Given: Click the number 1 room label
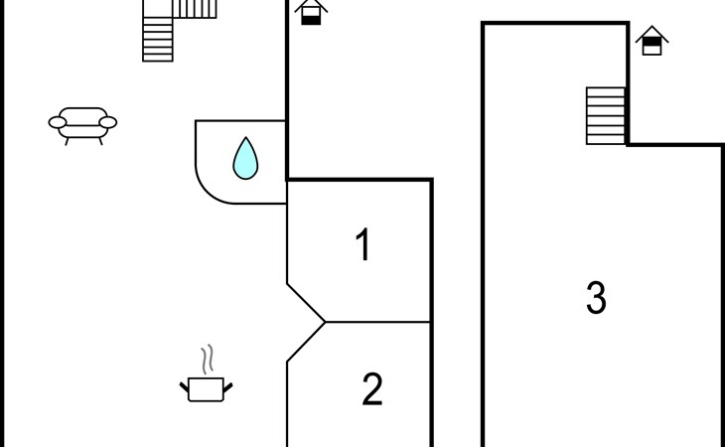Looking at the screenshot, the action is click(363, 244).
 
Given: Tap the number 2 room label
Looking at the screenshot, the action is click(372, 389).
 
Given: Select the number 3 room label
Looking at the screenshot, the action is click(596, 298).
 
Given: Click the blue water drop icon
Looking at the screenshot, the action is click(245, 158).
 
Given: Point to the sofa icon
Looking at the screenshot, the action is click(82, 126).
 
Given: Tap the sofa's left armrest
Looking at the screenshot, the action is click(58, 122).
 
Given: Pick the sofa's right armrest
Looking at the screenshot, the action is click(108, 122).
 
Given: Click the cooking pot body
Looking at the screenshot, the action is click(207, 389).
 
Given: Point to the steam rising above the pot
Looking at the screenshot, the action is click(208, 359).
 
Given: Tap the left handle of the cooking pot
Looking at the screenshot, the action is click(184, 387).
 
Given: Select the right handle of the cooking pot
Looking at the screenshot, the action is click(228, 387).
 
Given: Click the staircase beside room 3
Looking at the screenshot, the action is click(606, 115).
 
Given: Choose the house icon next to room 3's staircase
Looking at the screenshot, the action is click(652, 40).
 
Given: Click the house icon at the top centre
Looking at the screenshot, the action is click(311, 12).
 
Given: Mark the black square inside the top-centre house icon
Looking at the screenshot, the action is click(311, 20).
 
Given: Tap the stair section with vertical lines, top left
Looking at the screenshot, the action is click(195, 9).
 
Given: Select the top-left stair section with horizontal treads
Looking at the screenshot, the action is click(158, 40).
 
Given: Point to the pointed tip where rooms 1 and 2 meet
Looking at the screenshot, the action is click(325, 322).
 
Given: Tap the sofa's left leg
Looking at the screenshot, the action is click(68, 141).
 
